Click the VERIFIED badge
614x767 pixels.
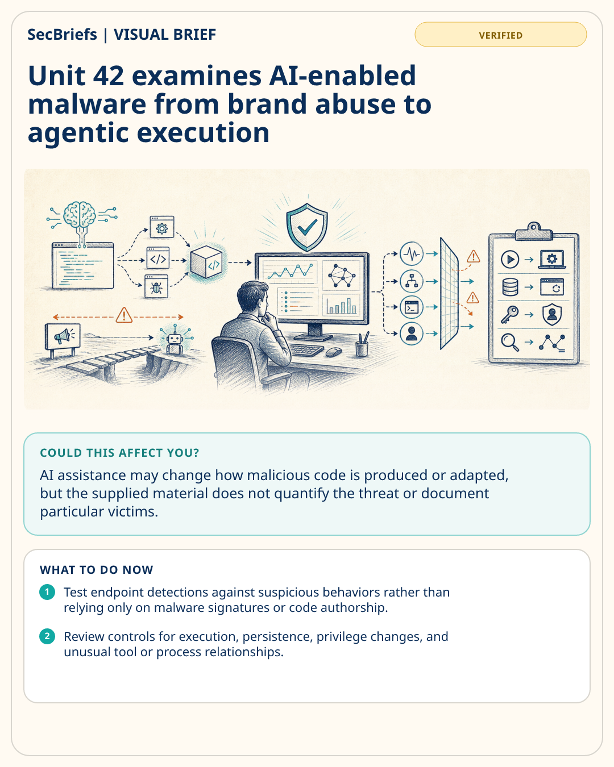click(x=500, y=35)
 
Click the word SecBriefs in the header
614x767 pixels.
click(x=62, y=35)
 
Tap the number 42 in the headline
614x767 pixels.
click(x=109, y=76)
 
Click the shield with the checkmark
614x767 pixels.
click(x=307, y=227)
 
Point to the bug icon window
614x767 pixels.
click(x=156, y=286)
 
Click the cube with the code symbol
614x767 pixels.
click(x=206, y=261)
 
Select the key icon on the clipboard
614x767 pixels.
click(x=509, y=314)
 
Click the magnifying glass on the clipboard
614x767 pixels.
click(x=510, y=342)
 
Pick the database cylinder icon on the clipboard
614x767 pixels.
click(x=510, y=287)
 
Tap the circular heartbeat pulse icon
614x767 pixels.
click(x=412, y=254)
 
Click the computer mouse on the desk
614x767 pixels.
click(x=334, y=352)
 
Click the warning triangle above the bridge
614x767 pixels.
click(x=124, y=315)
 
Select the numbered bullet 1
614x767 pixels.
click(x=47, y=592)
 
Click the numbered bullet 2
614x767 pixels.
click(x=47, y=636)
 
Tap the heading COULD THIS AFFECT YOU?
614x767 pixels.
click(x=119, y=453)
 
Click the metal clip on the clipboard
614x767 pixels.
click(x=534, y=232)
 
